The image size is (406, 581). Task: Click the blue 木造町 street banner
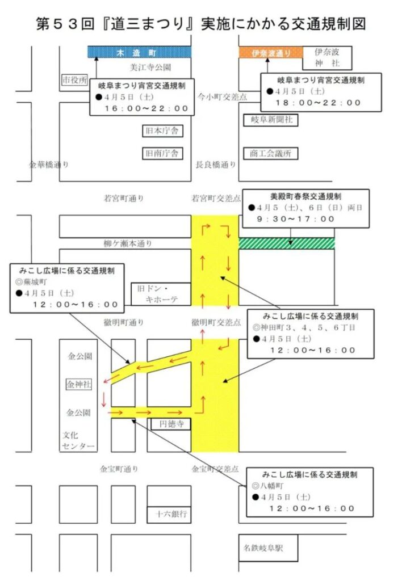point(139,52)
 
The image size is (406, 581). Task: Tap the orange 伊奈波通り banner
point(271,53)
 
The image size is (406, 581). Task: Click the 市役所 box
point(74,81)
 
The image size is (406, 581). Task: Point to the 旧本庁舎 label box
point(162,131)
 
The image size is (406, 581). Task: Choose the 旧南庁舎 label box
point(162,153)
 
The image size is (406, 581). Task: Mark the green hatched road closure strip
point(287,243)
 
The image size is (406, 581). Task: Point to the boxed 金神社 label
point(79,384)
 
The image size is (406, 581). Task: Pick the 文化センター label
point(78,441)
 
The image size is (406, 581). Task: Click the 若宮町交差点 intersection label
point(216,199)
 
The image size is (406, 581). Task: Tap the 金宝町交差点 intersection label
point(215,469)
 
